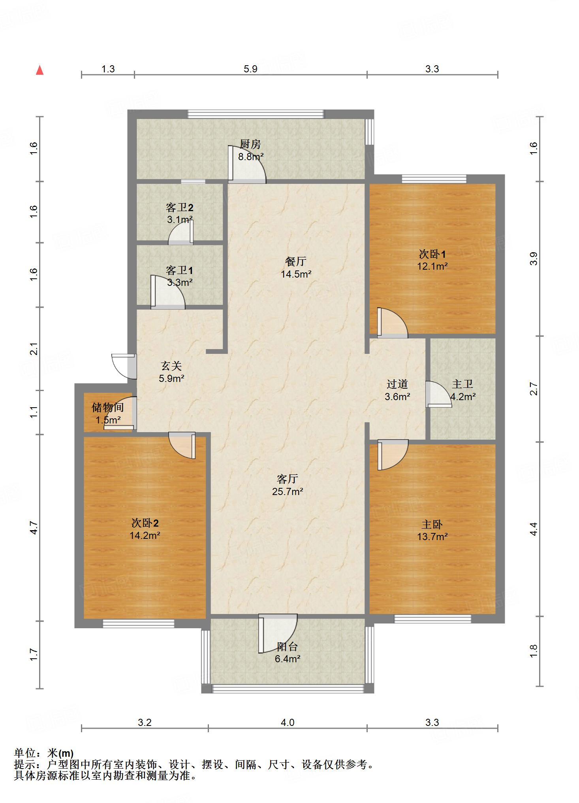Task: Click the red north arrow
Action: [39, 70]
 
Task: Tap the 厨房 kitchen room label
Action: [250, 144]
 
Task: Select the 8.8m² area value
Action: [250, 157]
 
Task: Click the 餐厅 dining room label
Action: [295, 261]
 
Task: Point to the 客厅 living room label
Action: [287, 479]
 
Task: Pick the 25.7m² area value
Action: [288, 491]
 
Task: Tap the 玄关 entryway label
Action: [171, 366]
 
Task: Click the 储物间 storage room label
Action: [108, 407]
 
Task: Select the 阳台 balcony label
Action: [287, 646]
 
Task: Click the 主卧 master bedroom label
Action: [432, 524]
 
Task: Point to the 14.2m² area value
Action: [145, 536]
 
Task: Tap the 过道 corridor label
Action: [397, 384]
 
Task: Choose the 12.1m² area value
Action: [432, 266]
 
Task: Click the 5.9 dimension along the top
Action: [250, 69]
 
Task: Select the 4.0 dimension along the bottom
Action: [288, 722]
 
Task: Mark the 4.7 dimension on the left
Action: [34, 528]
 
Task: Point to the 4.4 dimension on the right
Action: [534, 529]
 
